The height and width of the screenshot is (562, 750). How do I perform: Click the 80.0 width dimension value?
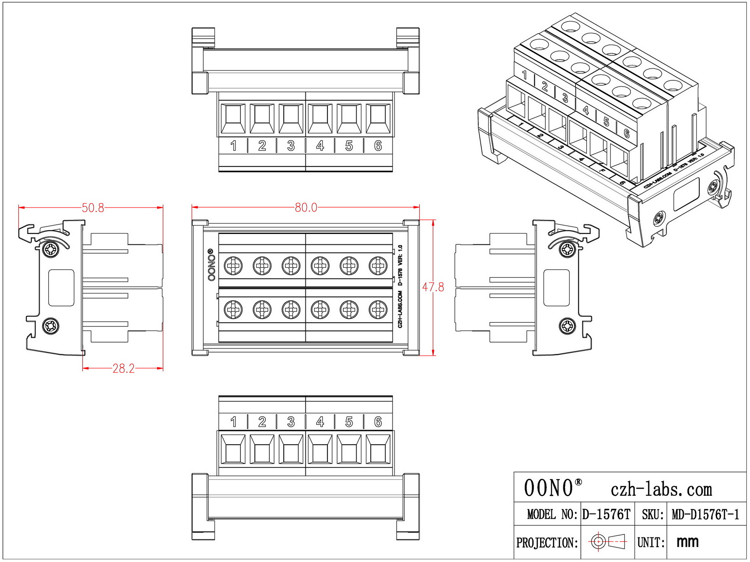click(x=306, y=207)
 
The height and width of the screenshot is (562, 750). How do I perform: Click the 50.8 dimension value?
click(x=92, y=208)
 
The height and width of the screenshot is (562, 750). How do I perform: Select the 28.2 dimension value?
click(x=123, y=368)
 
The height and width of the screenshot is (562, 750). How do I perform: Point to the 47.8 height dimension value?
click(x=433, y=287)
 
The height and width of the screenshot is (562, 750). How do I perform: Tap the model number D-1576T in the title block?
click(x=606, y=515)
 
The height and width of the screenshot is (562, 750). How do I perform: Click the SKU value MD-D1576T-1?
click(x=705, y=515)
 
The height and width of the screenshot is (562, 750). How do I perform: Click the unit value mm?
click(x=687, y=542)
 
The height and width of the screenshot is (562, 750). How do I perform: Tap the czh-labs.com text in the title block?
click(x=661, y=489)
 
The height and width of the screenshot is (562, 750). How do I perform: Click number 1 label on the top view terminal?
click(x=233, y=146)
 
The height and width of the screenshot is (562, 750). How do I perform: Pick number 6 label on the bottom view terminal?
click(x=378, y=422)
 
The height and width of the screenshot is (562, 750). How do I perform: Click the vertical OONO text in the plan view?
click(x=211, y=265)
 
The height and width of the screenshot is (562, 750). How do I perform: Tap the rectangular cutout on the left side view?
click(x=61, y=288)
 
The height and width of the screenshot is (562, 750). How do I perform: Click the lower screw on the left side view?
click(x=51, y=326)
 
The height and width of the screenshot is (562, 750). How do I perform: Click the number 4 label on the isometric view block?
click(x=586, y=110)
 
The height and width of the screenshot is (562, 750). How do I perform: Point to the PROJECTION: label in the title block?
click(x=547, y=542)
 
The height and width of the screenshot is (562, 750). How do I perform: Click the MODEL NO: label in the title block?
click(x=552, y=515)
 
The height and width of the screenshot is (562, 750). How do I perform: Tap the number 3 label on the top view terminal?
click(x=291, y=146)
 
